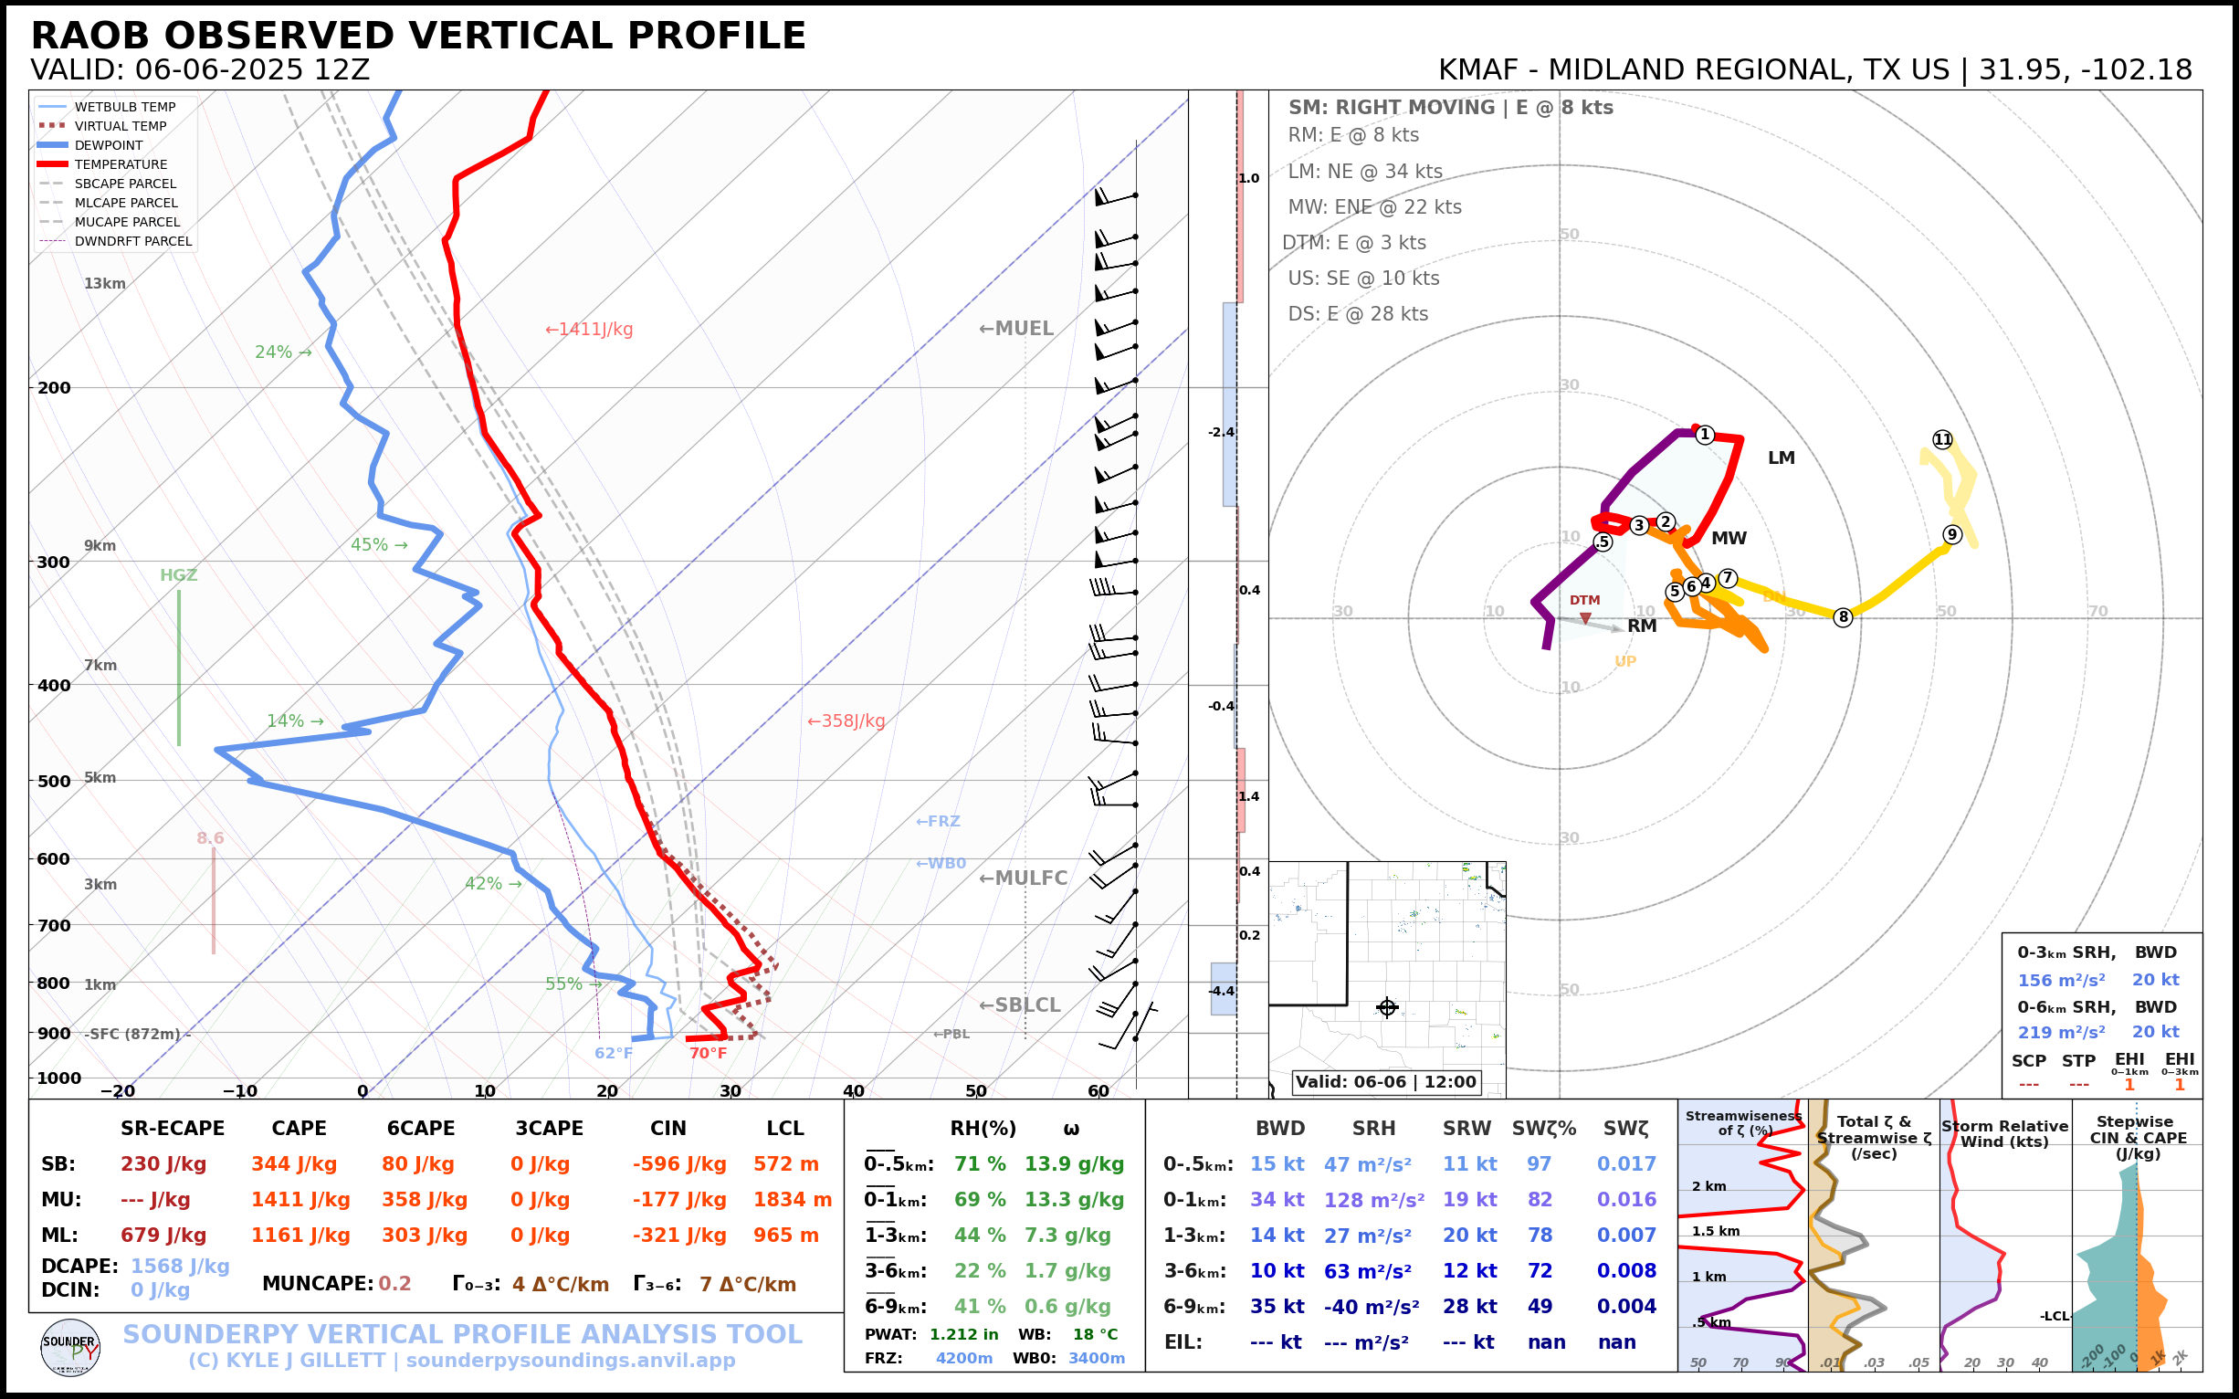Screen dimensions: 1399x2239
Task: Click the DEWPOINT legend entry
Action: [109, 145]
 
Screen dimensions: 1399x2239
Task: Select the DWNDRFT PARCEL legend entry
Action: [132, 241]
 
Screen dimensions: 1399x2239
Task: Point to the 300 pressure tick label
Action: [54, 563]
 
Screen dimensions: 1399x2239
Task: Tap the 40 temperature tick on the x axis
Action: [853, 1091]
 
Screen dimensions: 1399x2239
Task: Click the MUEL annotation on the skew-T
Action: [1017, 329]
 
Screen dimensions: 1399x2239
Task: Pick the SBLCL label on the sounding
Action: [1020, 1005]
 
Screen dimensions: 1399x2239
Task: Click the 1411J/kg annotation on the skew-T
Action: [589, 330]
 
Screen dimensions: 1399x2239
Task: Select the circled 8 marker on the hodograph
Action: [1843, 617]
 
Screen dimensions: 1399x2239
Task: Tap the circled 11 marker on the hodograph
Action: [1942, 439]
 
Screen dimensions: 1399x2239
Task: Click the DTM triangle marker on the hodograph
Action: [1586, 618]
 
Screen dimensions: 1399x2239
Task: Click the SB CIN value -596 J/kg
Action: [679, 1164]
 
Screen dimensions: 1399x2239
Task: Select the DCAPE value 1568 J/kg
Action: [180, 1266]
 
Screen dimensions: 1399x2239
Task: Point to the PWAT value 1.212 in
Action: [963, 1334]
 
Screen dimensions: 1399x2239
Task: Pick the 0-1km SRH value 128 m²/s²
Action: [1373, 1200]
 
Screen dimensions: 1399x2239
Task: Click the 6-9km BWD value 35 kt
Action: [1277, 1307]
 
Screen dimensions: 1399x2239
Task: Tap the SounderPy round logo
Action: [70, 1349]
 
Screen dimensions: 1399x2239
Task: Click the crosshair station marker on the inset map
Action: [1387, 1007]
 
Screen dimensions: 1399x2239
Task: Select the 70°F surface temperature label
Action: [708, 1053]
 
